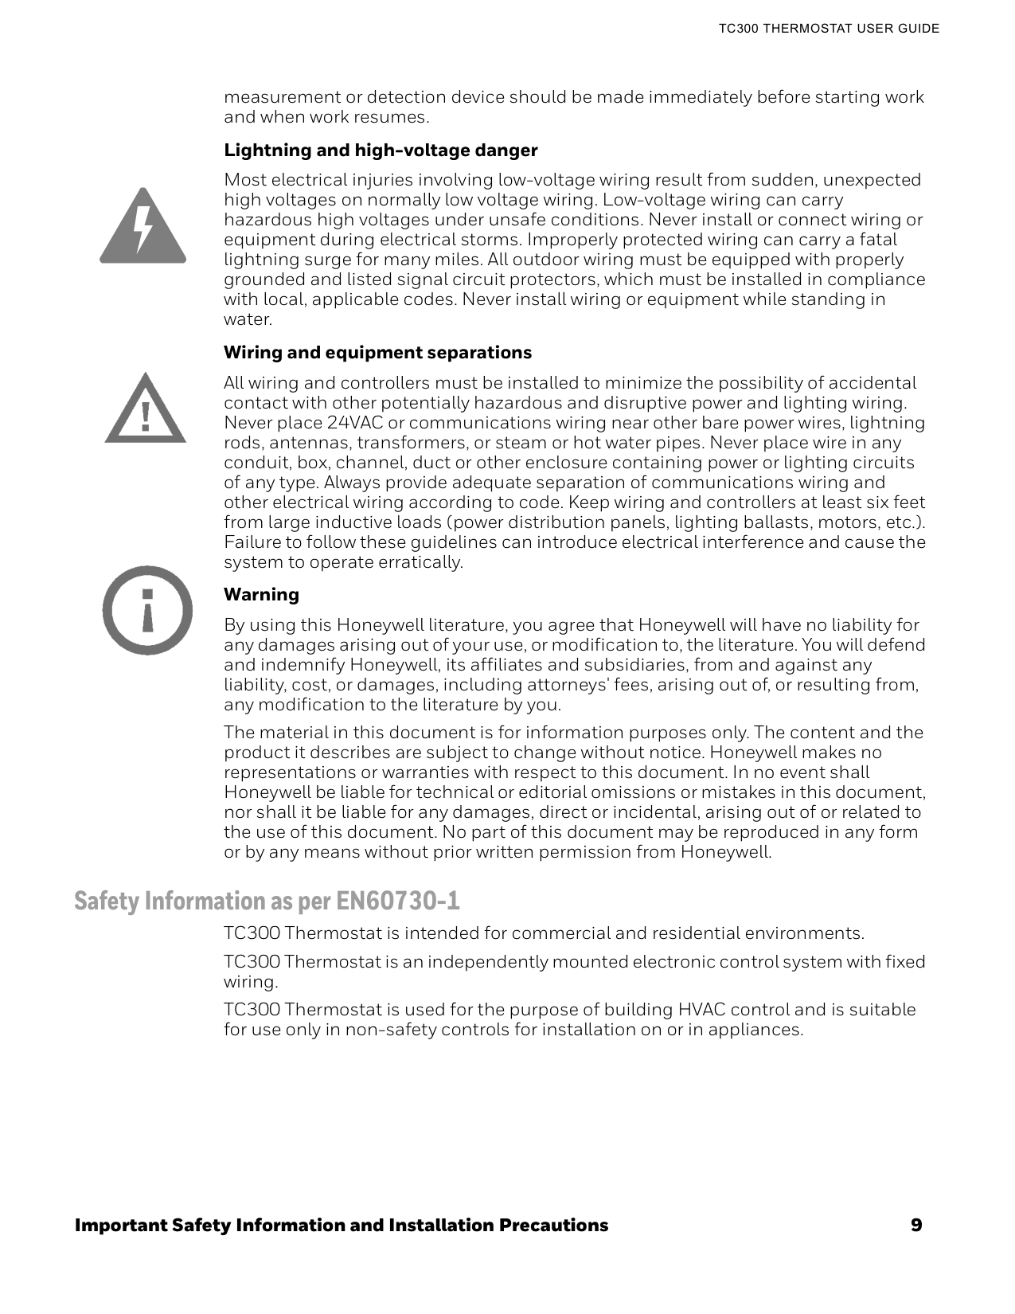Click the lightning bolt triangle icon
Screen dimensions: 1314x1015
pyautogui.click(x=142, y=227)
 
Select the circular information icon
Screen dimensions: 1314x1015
pyautogui.click(x=147, y=610)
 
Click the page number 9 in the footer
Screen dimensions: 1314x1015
pyautogui.click(x=916, y=1225)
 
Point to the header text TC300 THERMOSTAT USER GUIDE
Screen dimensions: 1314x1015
pyautogui.click(x=829, y=29)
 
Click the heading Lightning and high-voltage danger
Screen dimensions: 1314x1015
pyautogui.click(x=381, y=151)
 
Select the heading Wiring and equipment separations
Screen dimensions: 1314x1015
pyautogui.click(x=377, y=352)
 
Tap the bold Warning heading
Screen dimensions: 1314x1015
pyautogui.click(x=261, y=594)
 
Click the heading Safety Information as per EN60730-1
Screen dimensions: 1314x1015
pyautogui.click(x=267, y=901)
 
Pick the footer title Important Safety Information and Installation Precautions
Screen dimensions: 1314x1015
pyautogui.click(x=341, y=1225)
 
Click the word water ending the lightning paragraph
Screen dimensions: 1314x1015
pyautogui.click(x=247, y=319)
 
